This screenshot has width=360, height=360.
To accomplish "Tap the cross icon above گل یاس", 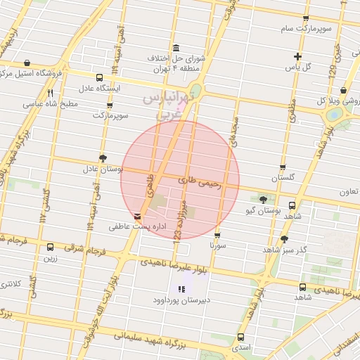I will (297, 56).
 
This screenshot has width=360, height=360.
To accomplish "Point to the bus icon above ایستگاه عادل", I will (98, 78).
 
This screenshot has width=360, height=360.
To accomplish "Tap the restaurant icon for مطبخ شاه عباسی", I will (50, 93).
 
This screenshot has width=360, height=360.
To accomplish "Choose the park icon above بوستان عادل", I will (103, 158).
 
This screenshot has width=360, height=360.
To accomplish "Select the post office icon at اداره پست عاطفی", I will (136, 217).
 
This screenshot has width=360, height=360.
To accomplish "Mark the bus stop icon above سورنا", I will (217, 236).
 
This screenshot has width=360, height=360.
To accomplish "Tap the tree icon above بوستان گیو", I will (264, 199).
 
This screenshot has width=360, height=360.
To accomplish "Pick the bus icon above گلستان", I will (283, 168).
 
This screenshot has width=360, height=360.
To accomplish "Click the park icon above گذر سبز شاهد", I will (285, 239).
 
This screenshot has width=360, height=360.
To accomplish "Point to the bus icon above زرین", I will (50, 247).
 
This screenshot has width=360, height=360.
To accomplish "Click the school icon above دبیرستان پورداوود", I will (182, 288).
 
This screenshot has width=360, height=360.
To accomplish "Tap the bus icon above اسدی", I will (241, 337).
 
